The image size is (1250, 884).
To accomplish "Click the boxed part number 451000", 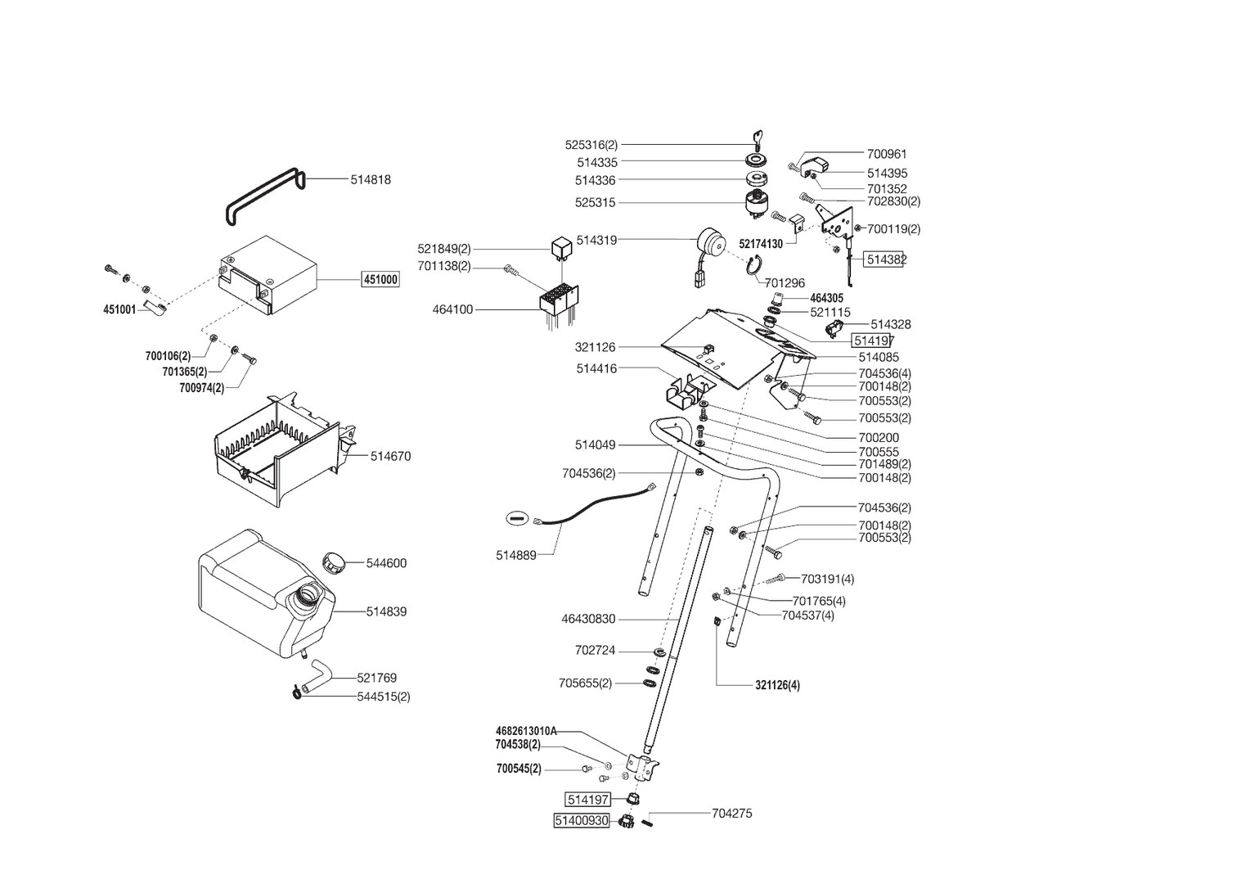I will (x=380, y=280).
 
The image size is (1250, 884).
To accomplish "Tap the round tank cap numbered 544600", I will (x=335, y=562).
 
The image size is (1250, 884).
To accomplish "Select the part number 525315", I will (x=596, y=202).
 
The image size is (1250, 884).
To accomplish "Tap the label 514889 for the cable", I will (x=515, y=555).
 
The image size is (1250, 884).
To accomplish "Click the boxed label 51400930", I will (x=582, y=820).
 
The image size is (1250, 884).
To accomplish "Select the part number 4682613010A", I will (x=526, y=731).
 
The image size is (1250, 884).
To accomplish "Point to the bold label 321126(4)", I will (x=777, y=685).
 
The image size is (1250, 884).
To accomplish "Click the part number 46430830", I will (x=588, y=620).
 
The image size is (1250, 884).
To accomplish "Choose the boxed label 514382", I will (x=885, y=259).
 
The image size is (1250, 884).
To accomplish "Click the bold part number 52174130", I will (x=760, y=244).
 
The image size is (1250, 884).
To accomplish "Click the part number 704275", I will (x=731, y=814).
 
